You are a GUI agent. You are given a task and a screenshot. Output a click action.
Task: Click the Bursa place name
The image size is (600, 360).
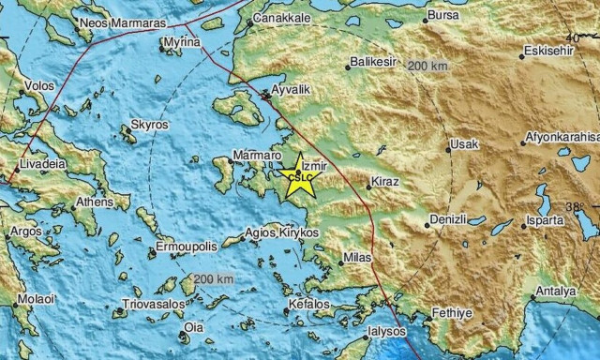click(x=442, y=16)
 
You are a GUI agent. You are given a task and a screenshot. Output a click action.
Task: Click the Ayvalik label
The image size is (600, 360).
click(x=290, y=94)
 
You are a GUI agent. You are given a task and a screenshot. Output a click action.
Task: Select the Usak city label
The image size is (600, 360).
click(x=464, y=144)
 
